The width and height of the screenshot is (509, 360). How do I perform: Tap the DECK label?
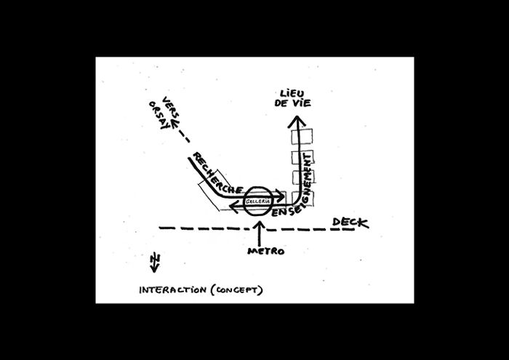click(350, 223)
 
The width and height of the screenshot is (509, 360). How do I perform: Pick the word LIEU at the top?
click(292, 93)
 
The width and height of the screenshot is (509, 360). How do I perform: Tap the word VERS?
click(172, 107)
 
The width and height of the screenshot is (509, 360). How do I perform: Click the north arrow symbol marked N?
click(153, 262)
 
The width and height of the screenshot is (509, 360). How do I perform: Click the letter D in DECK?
click(337, 223)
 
